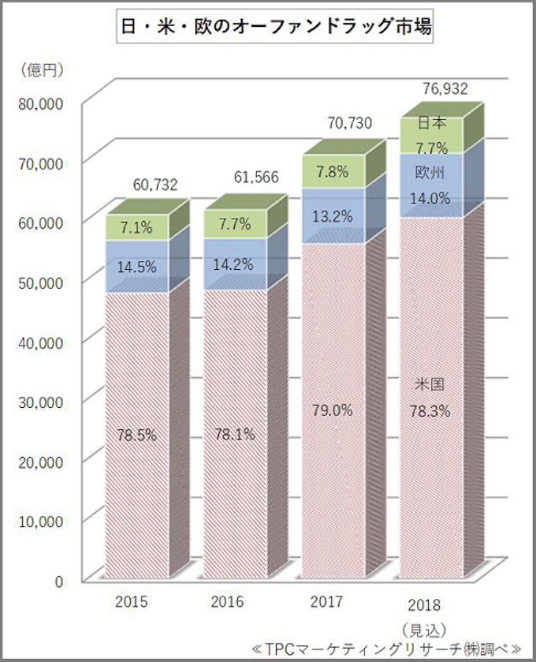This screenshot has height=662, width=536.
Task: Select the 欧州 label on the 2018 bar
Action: pos(431,173)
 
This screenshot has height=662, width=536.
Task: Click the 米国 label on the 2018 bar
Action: pos(430,386)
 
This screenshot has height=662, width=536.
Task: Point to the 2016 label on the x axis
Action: pos(227,602)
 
